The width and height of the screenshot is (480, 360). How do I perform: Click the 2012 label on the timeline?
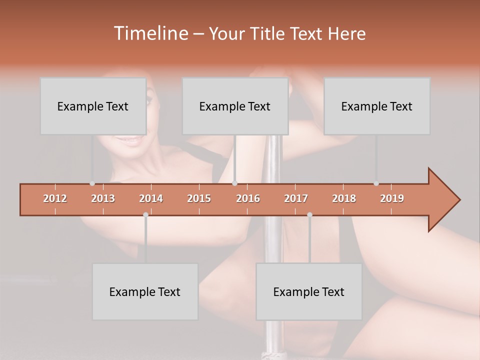(55, 198)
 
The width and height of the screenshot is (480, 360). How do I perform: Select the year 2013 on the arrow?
(103, 198)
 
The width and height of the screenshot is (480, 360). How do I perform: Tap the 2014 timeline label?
(151, 198)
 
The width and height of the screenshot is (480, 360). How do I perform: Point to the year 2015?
(199, 198)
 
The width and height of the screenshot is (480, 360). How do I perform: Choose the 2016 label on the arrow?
(248, 198)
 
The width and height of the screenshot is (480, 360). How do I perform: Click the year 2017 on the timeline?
(296, 198)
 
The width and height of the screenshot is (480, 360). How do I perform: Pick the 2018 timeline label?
(344, 198)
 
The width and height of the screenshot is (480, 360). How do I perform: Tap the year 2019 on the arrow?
(392, 198)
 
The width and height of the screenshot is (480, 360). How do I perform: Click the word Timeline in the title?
(150, 33)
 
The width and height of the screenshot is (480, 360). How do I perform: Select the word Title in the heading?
(269, 34)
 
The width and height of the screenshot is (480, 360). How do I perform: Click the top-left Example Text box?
(93, 106)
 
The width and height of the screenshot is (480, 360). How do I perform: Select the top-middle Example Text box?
(235, 106)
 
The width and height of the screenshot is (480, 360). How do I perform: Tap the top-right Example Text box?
(377, 106)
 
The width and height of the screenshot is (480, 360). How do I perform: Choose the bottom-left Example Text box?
(145, 291)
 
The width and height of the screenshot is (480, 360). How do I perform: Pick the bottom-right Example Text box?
(309, 291)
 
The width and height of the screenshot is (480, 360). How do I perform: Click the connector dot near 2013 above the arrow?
(92, 183)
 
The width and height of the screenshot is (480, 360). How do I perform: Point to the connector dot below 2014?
(145, 215)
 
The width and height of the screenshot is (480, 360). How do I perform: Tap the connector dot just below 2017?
(309, 215)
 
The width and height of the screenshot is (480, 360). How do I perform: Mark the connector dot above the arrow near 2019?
(376, 183)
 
